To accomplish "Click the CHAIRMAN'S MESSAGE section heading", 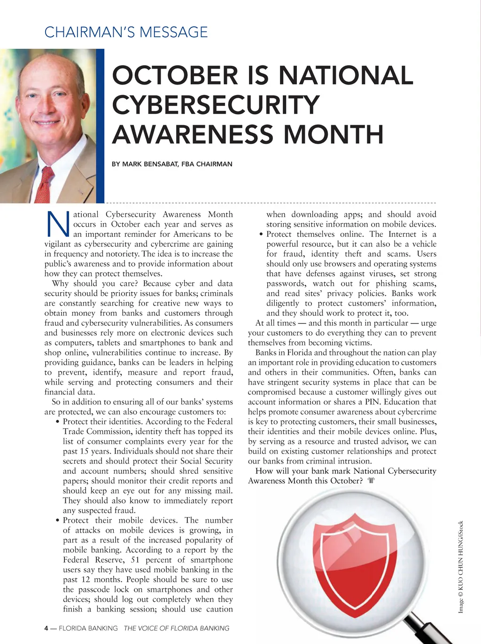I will [126, 32].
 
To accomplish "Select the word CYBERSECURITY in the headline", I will [216, 104].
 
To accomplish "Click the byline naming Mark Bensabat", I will [172, 164].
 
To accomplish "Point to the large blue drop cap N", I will [58, 224].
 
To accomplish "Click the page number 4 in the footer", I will [46, 628].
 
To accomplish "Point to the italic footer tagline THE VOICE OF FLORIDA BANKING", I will [177, 628].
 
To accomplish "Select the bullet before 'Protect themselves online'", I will [261, 235].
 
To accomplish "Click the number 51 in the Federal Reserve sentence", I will [135, 560].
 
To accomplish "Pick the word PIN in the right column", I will [372, 402].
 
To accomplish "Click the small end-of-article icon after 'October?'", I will [371, 481].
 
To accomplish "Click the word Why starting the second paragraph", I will [60, 283].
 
